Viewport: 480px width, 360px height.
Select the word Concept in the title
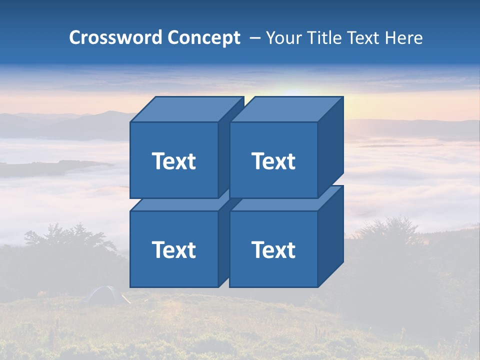tap(203, 37)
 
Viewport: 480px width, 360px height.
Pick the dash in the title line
tap(254, 37)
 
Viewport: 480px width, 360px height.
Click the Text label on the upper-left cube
tap(174, 161)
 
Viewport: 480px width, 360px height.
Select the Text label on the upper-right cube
tap(273, 161)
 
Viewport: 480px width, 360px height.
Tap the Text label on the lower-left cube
tap(174, 249)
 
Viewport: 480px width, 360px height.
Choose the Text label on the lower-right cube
tap(273, 249)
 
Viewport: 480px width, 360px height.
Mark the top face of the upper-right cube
tap(286, 109)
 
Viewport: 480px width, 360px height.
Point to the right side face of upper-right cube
tap(330, 148)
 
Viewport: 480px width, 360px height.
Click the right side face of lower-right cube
tap(330, 236)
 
